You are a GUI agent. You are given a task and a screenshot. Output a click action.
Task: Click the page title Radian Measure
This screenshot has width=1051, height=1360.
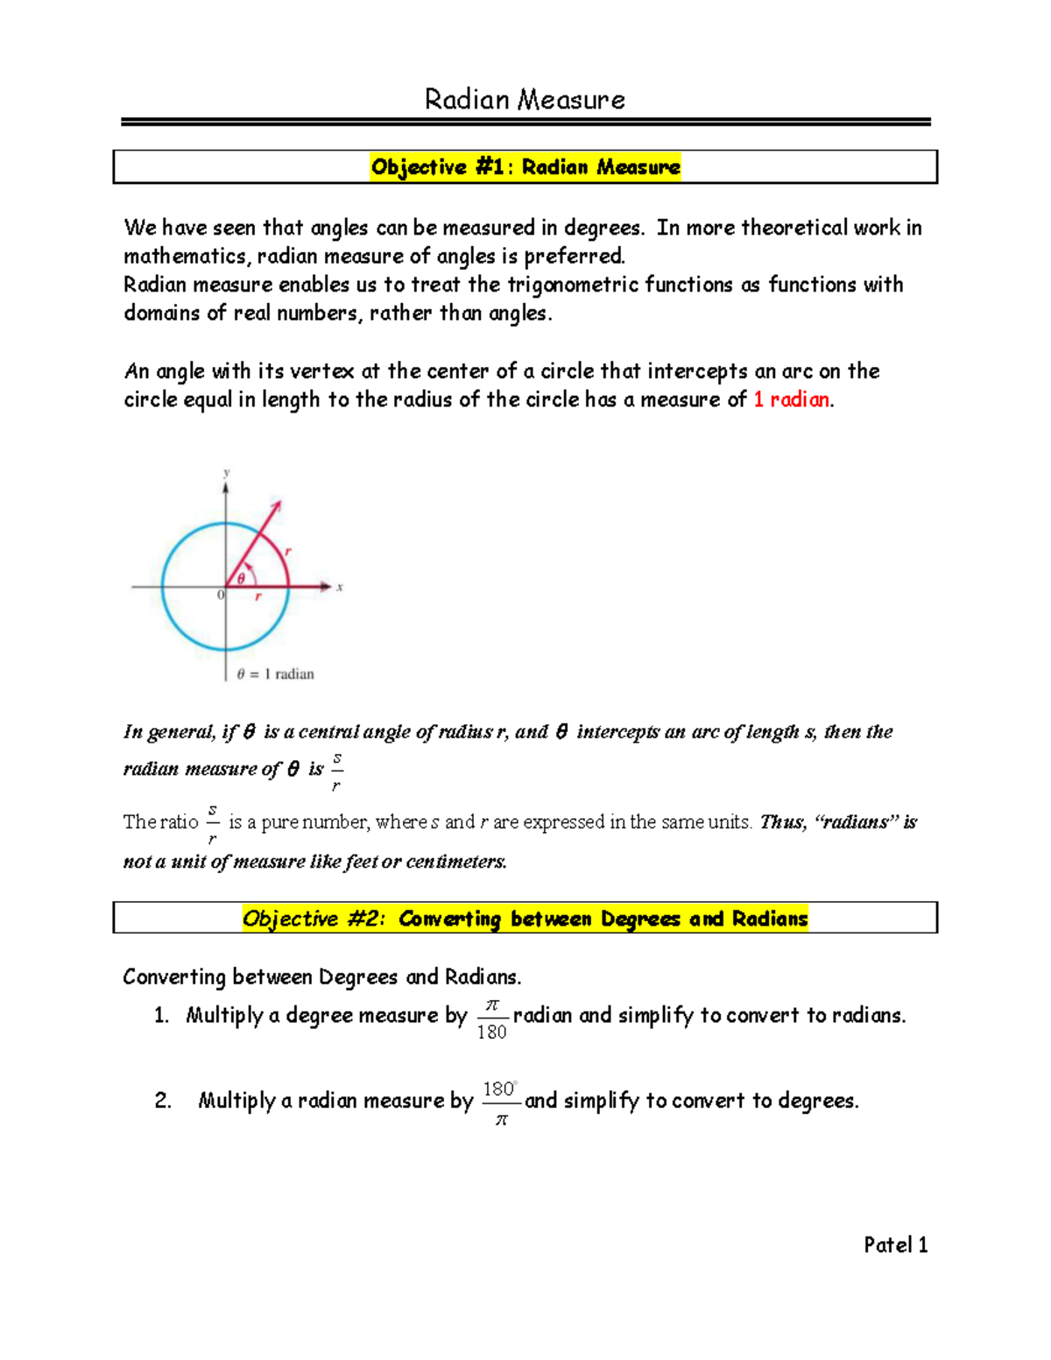[525, 100]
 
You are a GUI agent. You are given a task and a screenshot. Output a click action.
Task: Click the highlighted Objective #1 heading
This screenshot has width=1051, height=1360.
[525, 166]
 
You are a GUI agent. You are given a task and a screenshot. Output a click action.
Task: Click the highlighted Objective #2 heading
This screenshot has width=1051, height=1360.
[525, 918]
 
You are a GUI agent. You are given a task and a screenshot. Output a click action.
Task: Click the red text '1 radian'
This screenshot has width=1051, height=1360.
[791, 399]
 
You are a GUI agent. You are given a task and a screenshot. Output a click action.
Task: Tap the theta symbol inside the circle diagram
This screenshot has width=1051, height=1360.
[242, 578]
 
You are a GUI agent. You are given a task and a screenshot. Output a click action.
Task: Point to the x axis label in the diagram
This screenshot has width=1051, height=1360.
[340, 587]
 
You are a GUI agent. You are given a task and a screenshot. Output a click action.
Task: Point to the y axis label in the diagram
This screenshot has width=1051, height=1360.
[226, 473]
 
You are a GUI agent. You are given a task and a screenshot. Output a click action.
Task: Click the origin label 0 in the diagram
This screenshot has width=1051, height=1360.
[221, 595]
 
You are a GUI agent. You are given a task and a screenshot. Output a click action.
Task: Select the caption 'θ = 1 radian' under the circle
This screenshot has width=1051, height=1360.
[275, 673]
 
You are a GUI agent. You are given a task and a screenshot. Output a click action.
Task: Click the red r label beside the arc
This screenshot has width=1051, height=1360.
[288, 551]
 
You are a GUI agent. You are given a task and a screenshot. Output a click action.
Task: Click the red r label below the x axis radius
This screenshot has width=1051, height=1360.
[258, 596]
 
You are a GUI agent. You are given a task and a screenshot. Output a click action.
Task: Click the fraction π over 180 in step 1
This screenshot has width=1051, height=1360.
[491, 1018]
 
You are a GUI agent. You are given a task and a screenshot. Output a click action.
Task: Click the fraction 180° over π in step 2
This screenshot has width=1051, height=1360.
[500, 1103]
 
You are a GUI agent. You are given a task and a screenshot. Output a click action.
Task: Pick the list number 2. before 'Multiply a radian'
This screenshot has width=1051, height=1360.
[163, 1101]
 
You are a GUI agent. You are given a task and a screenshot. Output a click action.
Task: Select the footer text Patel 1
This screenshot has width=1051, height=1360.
[895, 1244]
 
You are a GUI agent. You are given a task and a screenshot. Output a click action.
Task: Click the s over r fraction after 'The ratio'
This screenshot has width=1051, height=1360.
[212, 824]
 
